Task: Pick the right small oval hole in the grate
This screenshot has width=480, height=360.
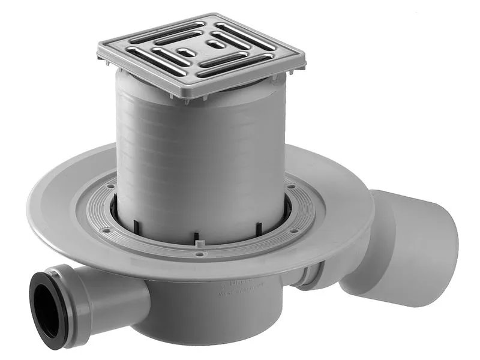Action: (214, 44)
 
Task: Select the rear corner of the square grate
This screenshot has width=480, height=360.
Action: (211, 15)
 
